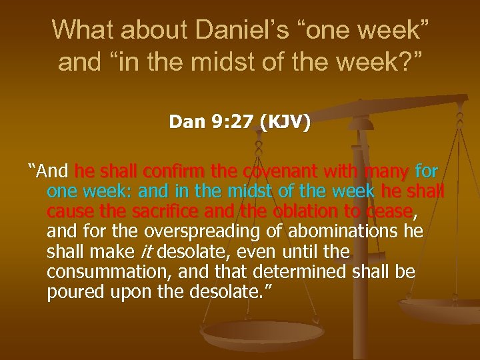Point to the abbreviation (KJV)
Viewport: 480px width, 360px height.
285,123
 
